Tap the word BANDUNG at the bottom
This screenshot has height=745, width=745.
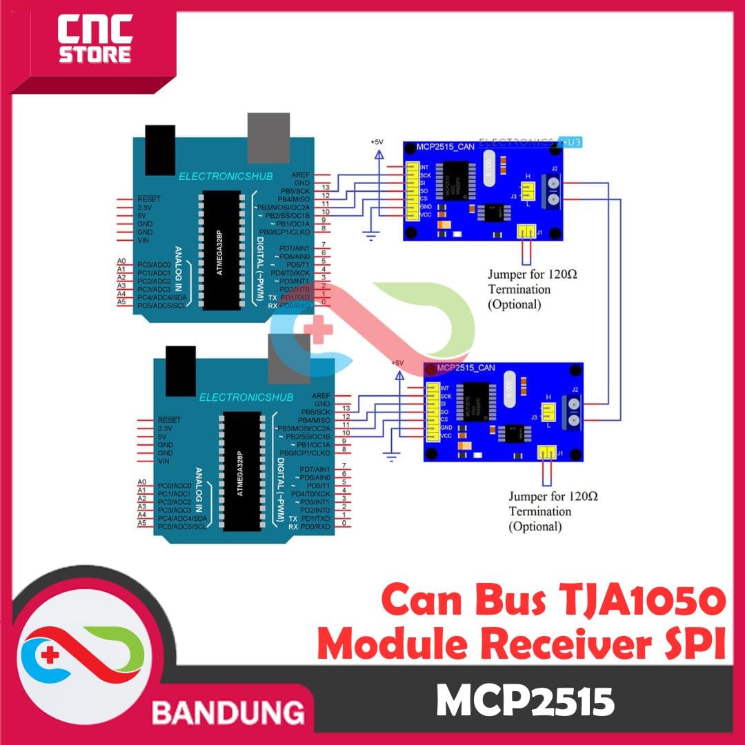click(x=228, y=711)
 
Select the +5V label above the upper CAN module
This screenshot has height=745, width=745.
click(x=377, y=141)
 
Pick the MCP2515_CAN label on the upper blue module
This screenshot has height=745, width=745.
click(x=446, y=147)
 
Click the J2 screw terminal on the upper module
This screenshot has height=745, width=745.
click(x=553, y=190)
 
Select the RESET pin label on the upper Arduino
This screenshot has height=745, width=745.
click(x=149, y=199)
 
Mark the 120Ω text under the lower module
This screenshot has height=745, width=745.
click(x=584, y=496)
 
